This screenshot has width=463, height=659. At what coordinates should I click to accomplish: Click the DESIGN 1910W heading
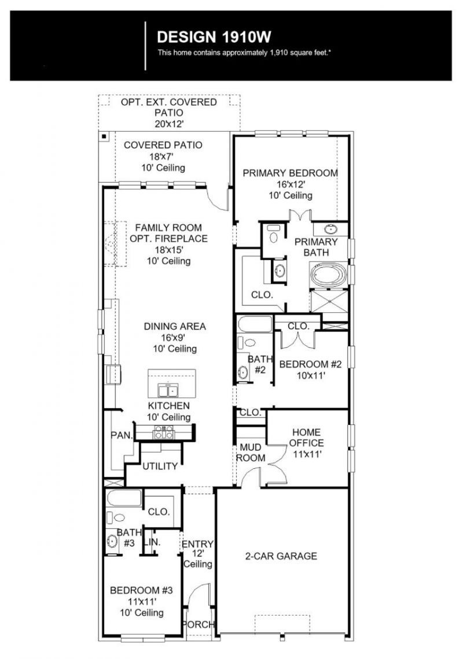pyautogui.click(x=214, y=37)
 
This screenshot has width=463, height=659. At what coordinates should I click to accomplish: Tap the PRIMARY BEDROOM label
pyautogui.click(x=291, y=173)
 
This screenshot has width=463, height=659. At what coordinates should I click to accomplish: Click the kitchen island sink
pyautogui.click(x=167, y=390)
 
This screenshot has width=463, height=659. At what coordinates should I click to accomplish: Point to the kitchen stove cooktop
pyautogui.click(x=164, y=432)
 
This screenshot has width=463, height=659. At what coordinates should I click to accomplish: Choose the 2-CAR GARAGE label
pyautogui.click(x=281, y=556)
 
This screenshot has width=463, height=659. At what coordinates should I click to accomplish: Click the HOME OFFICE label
pyautogui.click(x=306, y=438)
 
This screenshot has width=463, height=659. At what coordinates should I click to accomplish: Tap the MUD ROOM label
pyautogui.click(x=251, y=453)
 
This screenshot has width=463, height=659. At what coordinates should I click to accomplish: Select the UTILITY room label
pyautogui.click(x=160, y=466)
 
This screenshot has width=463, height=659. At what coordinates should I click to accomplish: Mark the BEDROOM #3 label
pyautogui.click(x=141, y=590)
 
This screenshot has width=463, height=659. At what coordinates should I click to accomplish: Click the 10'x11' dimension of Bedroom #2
pyautogui.click(x=311, y=376)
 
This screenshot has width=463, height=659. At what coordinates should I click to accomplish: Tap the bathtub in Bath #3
pyautogui.click(x=124, y=498)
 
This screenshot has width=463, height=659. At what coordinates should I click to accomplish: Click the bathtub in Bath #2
pyautogui.click(x=255, y=324)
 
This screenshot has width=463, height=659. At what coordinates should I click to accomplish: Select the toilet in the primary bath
pyautogui.click(x=274, y=235)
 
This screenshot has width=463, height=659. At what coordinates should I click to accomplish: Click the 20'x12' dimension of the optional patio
pyautogui.click(x=169, y=124)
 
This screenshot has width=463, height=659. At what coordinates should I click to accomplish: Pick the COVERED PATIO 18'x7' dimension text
pyautogui.click(x=162, y=156)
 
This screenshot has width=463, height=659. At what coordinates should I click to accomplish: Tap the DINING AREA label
pyautogui.click(x=175, y=326)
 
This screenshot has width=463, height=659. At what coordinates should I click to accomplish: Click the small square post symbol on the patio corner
pyautogui.click(x=104, y=136)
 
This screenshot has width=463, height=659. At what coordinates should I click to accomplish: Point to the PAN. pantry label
pyautogui.click(x=122, y=435)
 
